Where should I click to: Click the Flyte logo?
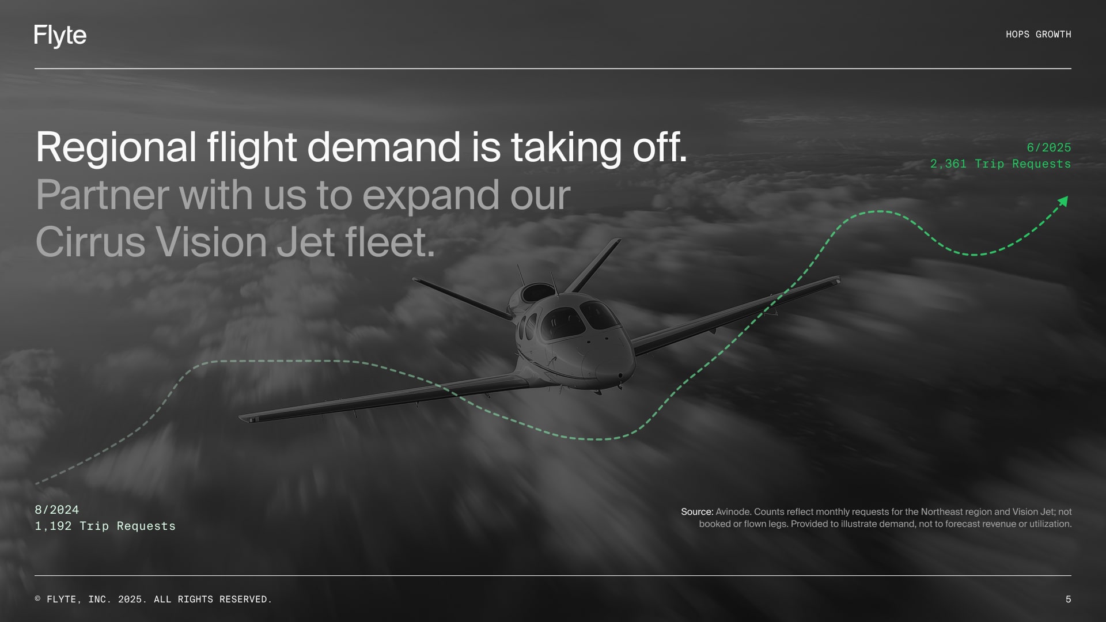point(60,36)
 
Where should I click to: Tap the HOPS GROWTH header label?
point(1038,35)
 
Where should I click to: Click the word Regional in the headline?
point(116,147)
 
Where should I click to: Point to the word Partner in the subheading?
point(102,195)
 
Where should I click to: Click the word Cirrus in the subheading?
point(90,242)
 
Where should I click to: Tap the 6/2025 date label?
point(1048,147)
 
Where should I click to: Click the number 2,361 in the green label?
point(948,164)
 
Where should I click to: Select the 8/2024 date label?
point(56,510)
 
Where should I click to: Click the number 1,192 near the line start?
point(53,526)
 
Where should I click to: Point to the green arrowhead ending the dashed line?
point(1063,201)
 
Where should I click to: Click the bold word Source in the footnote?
point(696,511)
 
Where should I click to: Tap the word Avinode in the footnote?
point(733,511)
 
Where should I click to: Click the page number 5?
point(1068,600)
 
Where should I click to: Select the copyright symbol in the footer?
point(38,600)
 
